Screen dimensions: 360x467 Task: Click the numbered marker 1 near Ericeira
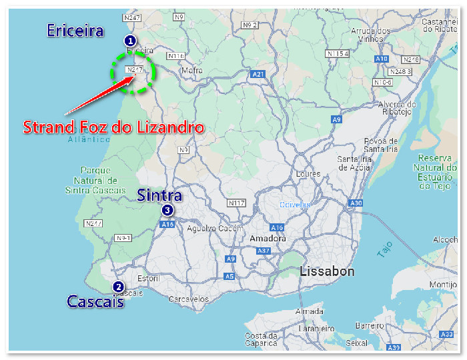coord(131,41)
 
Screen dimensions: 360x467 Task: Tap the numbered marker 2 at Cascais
coord(118,287)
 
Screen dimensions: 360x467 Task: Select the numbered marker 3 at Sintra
coord(167,211)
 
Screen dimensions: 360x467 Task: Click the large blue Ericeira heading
coord(75,30)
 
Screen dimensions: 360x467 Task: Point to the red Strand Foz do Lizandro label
coord(113,127)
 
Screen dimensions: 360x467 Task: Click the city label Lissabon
coord(327,271)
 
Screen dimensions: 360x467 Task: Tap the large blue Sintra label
coord(159,195)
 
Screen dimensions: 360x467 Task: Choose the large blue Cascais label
coord(95,302)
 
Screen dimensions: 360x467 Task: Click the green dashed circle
coord(133,72)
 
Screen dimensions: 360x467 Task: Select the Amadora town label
coord(267,239)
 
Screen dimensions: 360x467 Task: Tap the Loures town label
coord(308,174)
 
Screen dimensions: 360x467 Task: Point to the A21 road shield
coord(258,74)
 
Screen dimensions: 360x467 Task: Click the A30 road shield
coord(356,203)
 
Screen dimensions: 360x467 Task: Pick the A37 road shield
coord(264,251)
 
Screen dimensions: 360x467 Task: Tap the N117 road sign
coord(236,202)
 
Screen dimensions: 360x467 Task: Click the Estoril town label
coord(148,278)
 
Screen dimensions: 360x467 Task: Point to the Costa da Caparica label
coord(260,339)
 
